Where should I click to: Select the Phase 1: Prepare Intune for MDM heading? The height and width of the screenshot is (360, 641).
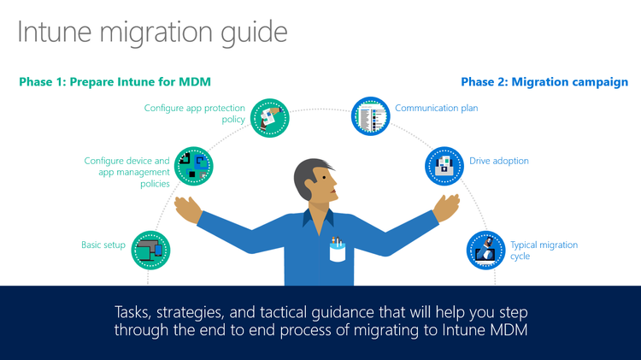pyautogui.click(x=115, y=82)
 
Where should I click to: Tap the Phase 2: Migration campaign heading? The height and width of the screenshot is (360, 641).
pyautogui.click(x=544, y=82)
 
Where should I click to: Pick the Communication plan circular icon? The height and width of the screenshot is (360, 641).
pyautogui.click(x=369, y=116)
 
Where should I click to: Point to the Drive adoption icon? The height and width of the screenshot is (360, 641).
pyautogui.click(x=444, y=166)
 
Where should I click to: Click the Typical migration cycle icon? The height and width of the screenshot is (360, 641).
pyautogui.click(x=485, y=250)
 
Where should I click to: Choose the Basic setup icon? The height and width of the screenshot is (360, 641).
pyautogui.click(x=151, y=250)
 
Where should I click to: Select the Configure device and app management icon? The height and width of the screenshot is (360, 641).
pyautogui.click(x=193, y=165)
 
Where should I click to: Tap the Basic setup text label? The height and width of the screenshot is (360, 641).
pyautogui.click(x=103, y=245)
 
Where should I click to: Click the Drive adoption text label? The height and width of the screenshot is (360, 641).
pyautogui.click(x=499, y=161)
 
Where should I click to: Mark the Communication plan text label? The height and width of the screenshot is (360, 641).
pyautogui.click(x=437, y=109)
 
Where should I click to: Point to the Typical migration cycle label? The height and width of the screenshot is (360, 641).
pyautogui.click(x=544, y=250)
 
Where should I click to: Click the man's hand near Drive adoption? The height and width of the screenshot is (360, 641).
pyautogui.click(x=447, y=206)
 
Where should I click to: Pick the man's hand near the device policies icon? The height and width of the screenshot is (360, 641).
pyautogui.click(x=187, y=209)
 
